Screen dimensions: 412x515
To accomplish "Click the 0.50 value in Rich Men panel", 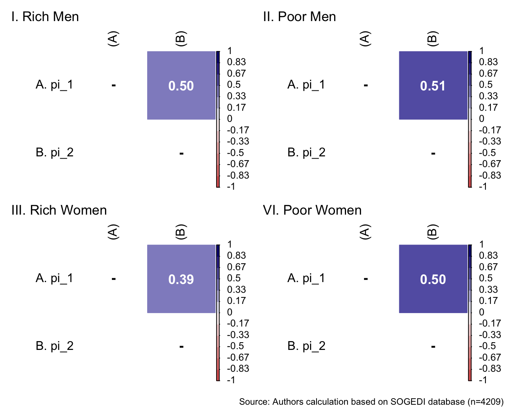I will coord(181,86).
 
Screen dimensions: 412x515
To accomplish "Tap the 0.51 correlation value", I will coord(433,86).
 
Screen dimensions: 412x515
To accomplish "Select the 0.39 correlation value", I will coord(181,279).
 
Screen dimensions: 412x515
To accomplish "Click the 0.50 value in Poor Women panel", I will coord(433,279).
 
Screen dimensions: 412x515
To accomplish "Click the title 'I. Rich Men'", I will coord(45,17).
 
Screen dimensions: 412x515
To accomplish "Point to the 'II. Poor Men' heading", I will coord(299,17).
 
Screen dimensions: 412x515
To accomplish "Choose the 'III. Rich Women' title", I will coord(59,210).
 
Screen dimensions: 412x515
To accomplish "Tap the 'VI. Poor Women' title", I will coord(312,210).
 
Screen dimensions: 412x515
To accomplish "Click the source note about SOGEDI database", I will coord(371,402).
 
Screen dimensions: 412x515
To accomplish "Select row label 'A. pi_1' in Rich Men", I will coord(54,84).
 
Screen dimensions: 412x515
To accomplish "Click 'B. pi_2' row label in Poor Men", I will coord(306,153).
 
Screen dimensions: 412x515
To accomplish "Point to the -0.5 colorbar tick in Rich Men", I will coord(235,153).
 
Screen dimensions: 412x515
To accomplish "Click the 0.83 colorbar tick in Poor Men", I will coord(488,62).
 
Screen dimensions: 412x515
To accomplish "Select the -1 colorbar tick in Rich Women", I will coord(231,380).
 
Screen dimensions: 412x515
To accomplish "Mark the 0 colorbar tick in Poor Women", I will coord(482,312).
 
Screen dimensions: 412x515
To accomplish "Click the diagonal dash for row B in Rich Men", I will coord(181,153).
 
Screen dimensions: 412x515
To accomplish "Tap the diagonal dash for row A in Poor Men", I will coord(366,85).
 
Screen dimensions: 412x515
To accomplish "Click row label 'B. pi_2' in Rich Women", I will coord(54,346).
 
